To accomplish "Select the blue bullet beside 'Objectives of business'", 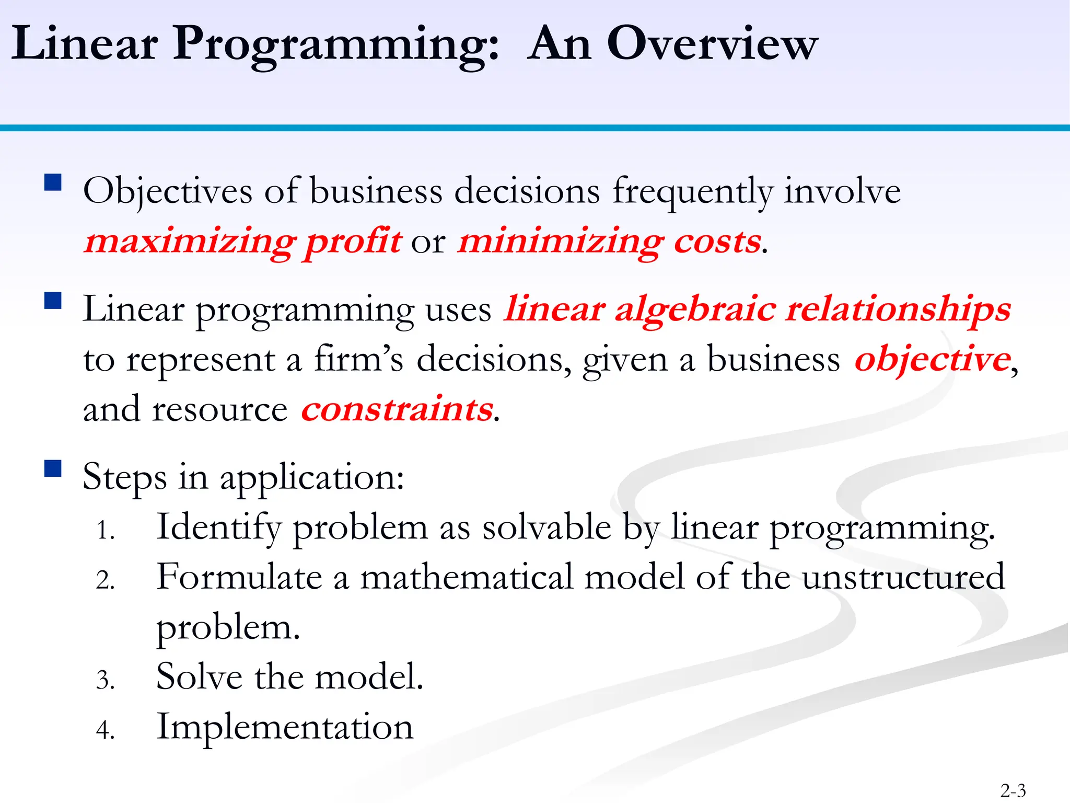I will tap(53, 183).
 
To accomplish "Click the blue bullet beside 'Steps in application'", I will tap(53, 468).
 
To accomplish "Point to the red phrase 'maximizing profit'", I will tap(243, 242).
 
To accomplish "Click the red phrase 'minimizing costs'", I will tap(609, 242).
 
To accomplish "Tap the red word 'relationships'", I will tap(898, 309).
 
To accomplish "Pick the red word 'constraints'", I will tap(397, 409).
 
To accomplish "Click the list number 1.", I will tap(105, 531).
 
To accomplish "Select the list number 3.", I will tap(105, 680).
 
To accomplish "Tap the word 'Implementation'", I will tap(285, 727).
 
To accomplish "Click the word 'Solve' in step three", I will tap(199, 676).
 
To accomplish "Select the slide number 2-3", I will tap(1013, 790).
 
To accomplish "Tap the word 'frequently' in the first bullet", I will tap(692, 191).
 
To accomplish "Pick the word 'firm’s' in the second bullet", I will tap(358, 360).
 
